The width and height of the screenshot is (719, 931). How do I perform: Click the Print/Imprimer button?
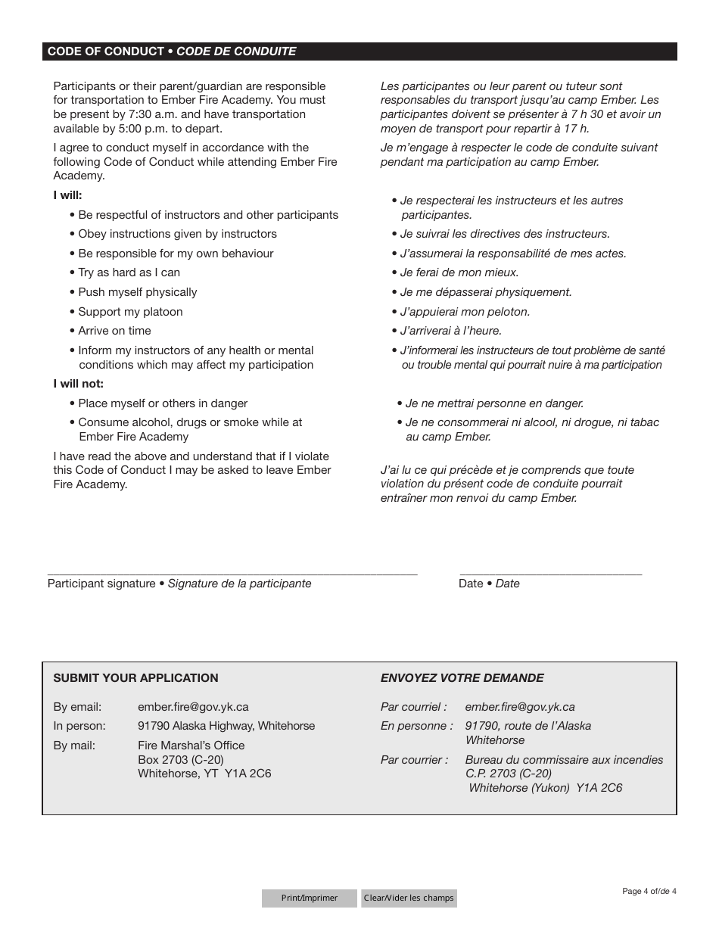click(x=309, y=898)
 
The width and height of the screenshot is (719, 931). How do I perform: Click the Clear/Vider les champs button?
click(x=409, y=898)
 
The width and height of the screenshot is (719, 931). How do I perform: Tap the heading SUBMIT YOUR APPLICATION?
click(x=135, y=678)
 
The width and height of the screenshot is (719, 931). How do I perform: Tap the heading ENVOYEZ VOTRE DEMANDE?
click(x=462, y=678)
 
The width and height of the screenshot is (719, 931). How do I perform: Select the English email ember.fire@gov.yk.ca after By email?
click(x=193, y=707)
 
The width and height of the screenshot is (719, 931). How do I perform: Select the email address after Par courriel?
click(x=520, y=707)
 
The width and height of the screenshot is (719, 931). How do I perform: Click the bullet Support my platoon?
click(x=130, y=312)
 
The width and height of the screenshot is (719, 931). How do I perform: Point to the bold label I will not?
click(x=78, y=384)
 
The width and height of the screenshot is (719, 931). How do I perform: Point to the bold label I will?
click(x=67, y=195)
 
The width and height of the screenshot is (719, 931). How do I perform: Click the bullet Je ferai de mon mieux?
click(x=459, y=272)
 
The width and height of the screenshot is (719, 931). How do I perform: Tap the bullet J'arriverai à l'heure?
click(x=450, y=331)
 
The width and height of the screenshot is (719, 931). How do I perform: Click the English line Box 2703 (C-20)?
click(x=181, y=759)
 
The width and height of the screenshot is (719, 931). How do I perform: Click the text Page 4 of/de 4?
click(x=649, y=891)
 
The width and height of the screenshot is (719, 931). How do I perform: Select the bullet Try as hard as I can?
click(x=129, y=272)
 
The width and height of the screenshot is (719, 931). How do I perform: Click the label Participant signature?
click(x=101, y=584)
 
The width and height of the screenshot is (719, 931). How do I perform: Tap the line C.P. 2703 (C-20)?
click(x=508, y=774)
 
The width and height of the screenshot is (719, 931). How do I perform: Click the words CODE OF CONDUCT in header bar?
click(x=105, y=51)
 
